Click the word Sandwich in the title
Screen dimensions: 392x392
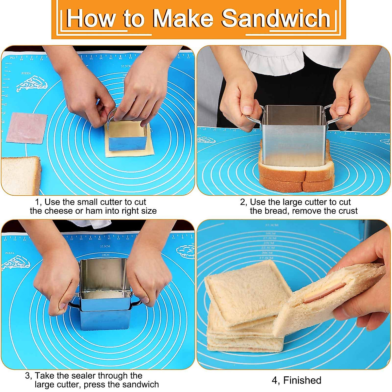pyautogui.click(x=276, y=19)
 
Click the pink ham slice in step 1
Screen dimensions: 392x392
pyautogui.click(x=26, y=128)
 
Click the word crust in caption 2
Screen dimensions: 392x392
pyautogui.click(x=346, y=211)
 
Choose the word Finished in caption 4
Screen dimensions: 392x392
pyautogui.click(x=302, y=381)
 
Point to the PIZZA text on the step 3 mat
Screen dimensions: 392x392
pyautogui.click(x=10, y=253)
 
